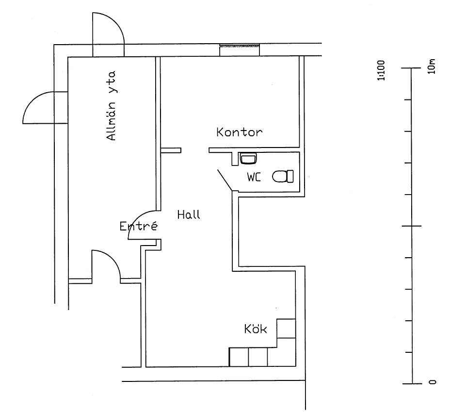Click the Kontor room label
coord(239,132)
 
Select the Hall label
coord(189,214)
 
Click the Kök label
coord(256,330)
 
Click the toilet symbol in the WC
coord(283,176)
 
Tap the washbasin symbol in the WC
coord(248,158)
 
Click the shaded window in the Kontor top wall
coord(241,47)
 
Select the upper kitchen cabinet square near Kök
coord(286,328)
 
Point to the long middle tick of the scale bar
coord(412,226)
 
